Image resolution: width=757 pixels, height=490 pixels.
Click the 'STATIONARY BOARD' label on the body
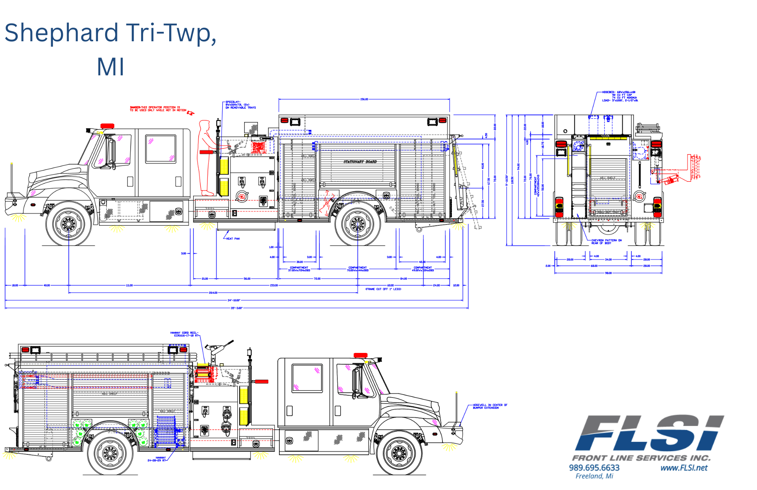(x=360, y=162)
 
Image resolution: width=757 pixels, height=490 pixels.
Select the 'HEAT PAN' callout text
(x=232, y=239)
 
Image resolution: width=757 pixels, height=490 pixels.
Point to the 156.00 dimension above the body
(x=364, y=99)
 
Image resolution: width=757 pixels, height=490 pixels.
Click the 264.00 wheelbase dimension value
(x=213, y=293)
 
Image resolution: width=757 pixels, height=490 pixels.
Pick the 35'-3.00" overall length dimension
(x=236, y=308)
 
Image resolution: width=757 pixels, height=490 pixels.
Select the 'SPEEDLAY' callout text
(x=240, y=105)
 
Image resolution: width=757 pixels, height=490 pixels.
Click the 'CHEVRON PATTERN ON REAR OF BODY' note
(x=606, y=242)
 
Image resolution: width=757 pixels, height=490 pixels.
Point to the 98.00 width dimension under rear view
(x=608, y=273)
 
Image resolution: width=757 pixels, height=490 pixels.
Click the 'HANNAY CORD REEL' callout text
(x=184, y=334)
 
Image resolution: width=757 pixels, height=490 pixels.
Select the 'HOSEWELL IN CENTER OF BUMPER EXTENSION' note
(x=490, y=406)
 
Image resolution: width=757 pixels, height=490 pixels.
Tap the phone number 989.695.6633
(x=594, y=468)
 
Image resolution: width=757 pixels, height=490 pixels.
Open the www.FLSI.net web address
(x=684, y=468)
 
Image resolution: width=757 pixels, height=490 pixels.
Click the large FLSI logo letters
(x=649, y=434)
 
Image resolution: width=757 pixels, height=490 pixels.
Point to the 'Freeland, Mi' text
(x=594, y=476)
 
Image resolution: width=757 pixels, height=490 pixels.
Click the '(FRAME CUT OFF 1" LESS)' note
(x=383, y=289)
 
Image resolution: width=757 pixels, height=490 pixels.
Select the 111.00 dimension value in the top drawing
(x=129, y=285)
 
